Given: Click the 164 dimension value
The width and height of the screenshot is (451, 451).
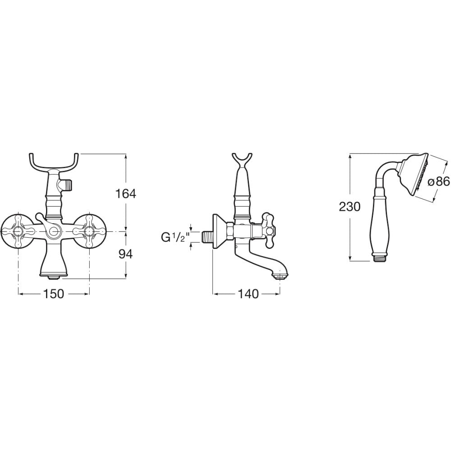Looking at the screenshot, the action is click(125, 194).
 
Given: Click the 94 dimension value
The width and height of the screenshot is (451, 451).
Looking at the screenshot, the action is click(125, 254).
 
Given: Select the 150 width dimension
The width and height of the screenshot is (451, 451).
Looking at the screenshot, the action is click(54, 294).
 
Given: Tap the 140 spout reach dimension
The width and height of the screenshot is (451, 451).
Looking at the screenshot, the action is click(248, 294).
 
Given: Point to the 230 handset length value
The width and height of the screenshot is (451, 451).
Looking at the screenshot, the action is click(350, 207).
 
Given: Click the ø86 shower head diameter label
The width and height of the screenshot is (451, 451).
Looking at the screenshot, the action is click(438, 181).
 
